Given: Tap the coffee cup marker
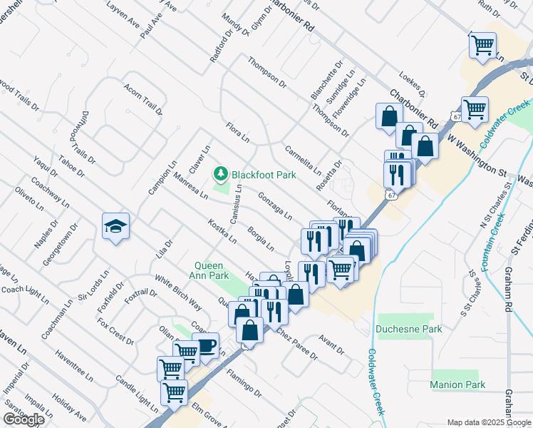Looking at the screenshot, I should (x=205, y=345).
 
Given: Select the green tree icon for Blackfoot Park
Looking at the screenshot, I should (x=221, y=173).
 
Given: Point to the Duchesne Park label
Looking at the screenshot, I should (x=409, y=329).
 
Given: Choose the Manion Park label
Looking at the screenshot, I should (x=457, y=384).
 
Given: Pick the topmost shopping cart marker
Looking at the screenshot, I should (x=482, y=44).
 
